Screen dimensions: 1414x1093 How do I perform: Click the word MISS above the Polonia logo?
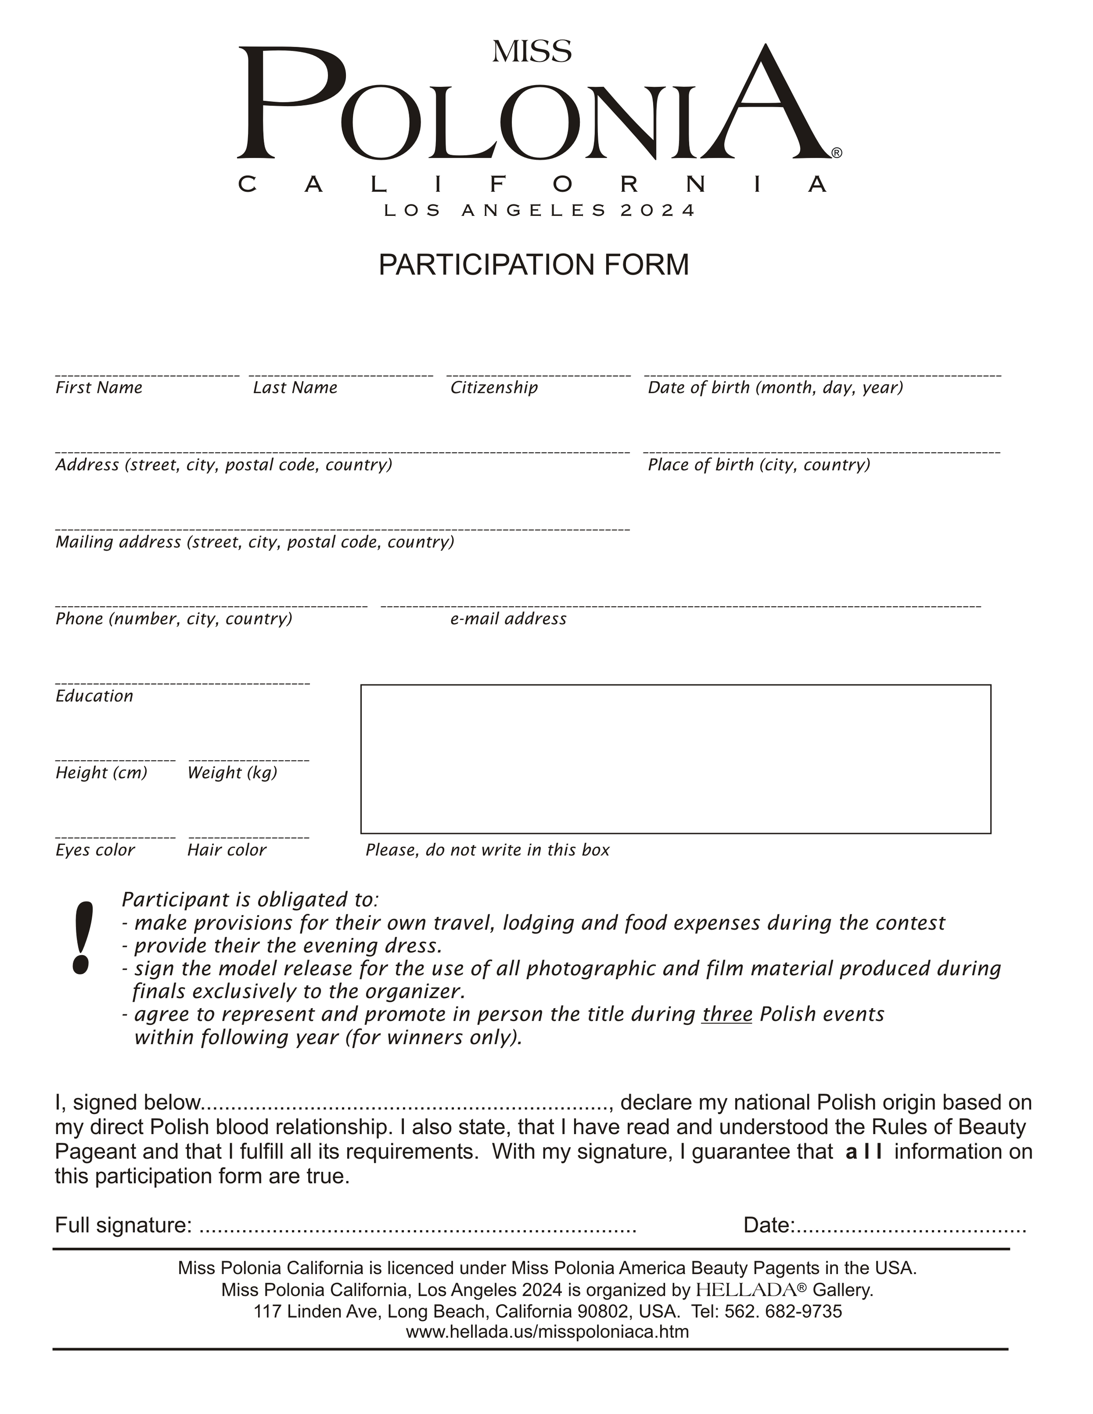[x=531, y=52]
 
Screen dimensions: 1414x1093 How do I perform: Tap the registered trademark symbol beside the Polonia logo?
[x=837, y=153]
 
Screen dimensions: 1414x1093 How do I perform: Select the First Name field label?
[x=99, y=388]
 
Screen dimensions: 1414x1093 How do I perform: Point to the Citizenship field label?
[x=494, y=388]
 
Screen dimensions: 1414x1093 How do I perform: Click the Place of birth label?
[x=759, y=465]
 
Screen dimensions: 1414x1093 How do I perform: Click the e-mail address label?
[x=508, y=619]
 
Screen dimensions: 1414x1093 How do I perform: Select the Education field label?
[x=95, y=696]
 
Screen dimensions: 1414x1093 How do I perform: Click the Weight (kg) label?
[x=232, y=773]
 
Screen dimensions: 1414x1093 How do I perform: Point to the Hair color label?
[x=227, y=850]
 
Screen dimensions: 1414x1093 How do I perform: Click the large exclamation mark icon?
[x=82, y=938]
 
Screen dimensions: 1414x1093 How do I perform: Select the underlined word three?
[x=727, y=1015]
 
